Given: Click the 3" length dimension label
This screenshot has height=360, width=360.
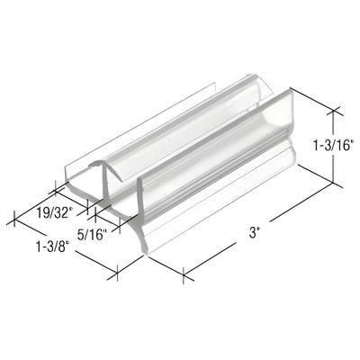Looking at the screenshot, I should coord(256,231).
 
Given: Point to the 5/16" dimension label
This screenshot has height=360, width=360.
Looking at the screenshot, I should coord(91,236).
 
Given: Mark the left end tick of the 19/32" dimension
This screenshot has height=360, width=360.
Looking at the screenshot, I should coord(58,188).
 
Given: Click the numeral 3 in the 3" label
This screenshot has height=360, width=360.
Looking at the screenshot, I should coord(254,231).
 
